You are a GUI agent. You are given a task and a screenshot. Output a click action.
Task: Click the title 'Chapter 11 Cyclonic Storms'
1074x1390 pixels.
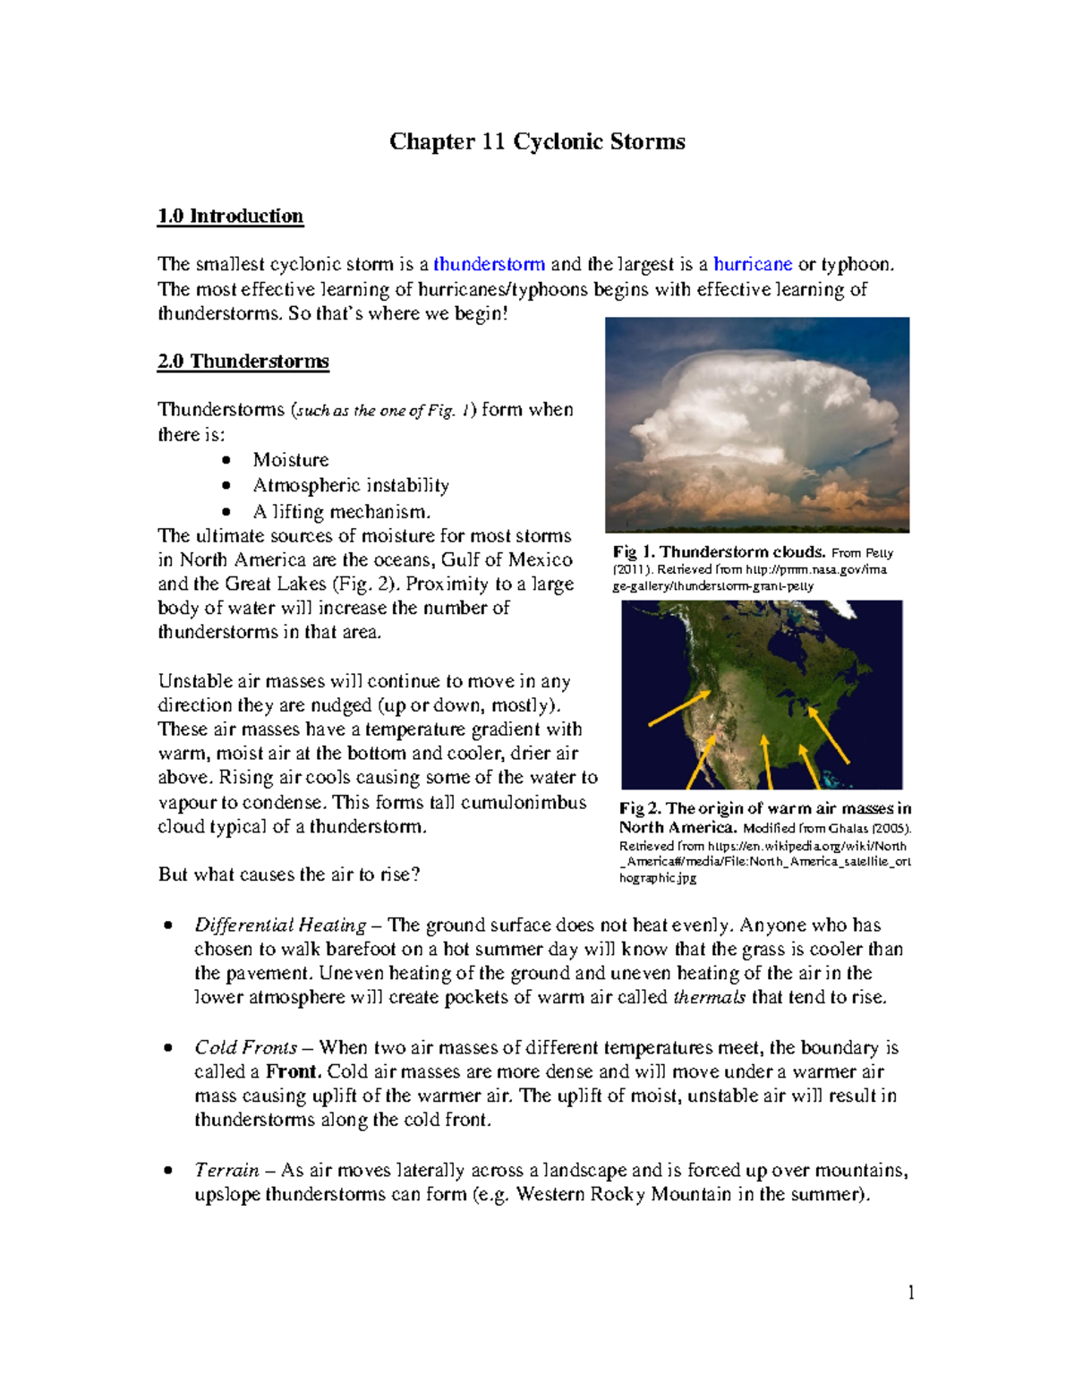[537, 141]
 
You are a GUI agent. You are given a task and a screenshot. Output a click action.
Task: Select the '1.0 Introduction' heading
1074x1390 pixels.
[230, 216]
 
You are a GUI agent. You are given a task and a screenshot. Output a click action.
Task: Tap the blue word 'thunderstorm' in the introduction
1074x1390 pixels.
[489, 264]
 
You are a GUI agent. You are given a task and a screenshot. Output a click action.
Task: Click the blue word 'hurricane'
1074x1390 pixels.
[752, 264]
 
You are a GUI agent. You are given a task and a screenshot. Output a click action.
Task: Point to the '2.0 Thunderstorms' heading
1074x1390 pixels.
[243, 362]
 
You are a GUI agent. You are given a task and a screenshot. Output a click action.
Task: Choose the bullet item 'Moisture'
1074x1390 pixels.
[290, 459]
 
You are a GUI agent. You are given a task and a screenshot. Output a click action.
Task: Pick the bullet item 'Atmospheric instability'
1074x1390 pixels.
[350, 485]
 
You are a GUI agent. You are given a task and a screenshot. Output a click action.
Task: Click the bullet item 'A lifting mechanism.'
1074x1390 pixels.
[341, 511]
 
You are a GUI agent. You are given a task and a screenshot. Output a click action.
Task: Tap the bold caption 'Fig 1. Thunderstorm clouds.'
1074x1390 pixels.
[719, 552]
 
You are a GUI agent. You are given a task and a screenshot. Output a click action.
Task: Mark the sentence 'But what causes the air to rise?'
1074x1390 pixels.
[289, 874]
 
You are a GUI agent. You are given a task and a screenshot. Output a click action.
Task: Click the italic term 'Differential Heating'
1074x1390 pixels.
[280, 925]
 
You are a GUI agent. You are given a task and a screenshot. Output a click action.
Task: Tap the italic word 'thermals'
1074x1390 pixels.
[709, 997]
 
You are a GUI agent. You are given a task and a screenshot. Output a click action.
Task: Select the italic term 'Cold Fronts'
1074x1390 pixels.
[245, 1047]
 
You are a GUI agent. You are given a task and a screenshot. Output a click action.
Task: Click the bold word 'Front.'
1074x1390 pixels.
[293, 1071]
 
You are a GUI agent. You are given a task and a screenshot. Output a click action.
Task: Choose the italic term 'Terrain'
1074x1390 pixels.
[226, 1170]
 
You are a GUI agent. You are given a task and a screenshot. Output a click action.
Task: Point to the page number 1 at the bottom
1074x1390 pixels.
[910, 1292]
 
